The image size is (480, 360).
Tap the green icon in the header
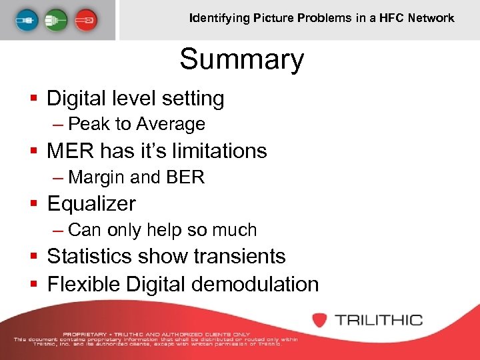tap(56, 19)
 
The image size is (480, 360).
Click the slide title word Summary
tap(241, 59)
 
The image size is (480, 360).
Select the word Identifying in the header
tap(219, 18)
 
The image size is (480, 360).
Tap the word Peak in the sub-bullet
tap(85, 124)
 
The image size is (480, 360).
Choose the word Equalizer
tap(91, 203)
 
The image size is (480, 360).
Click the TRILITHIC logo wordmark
tap(379, 320)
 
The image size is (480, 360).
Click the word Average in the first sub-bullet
tap(171, 124)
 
